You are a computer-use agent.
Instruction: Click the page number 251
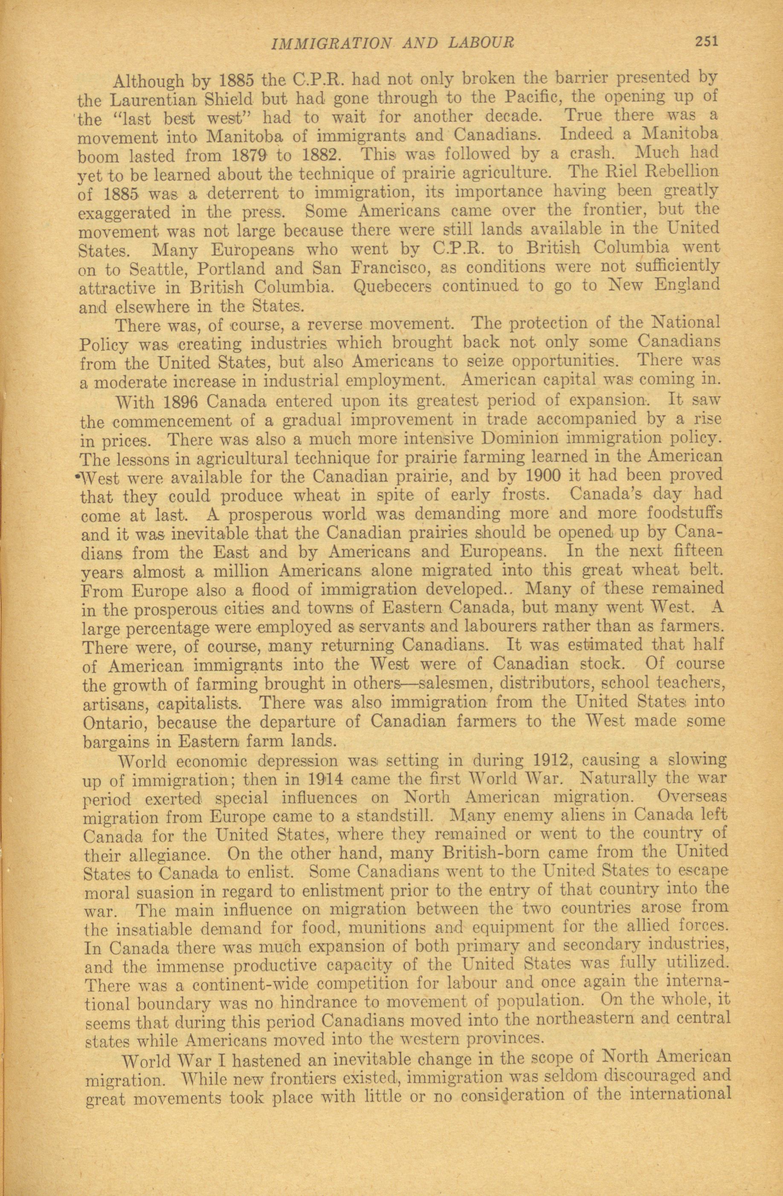(x=708, y=41)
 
